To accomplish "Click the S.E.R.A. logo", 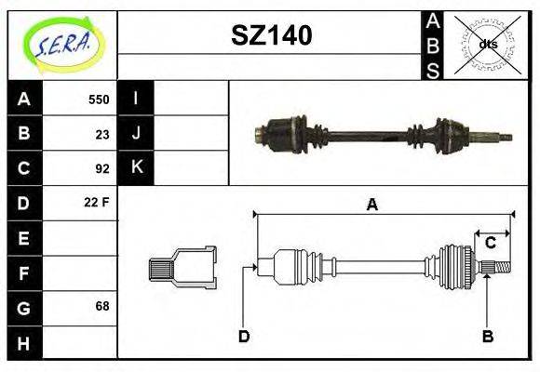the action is (63, 45).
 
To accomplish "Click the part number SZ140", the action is (271, 35).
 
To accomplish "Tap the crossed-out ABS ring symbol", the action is (487, 45).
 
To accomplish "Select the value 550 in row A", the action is (99, 100).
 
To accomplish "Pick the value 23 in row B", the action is (102, 134).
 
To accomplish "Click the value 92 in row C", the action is (102, 168).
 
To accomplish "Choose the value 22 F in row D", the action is (97, 202).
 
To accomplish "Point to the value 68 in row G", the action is (102, 306).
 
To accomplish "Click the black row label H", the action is (25, 343).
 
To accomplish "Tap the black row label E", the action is (25, 238).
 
